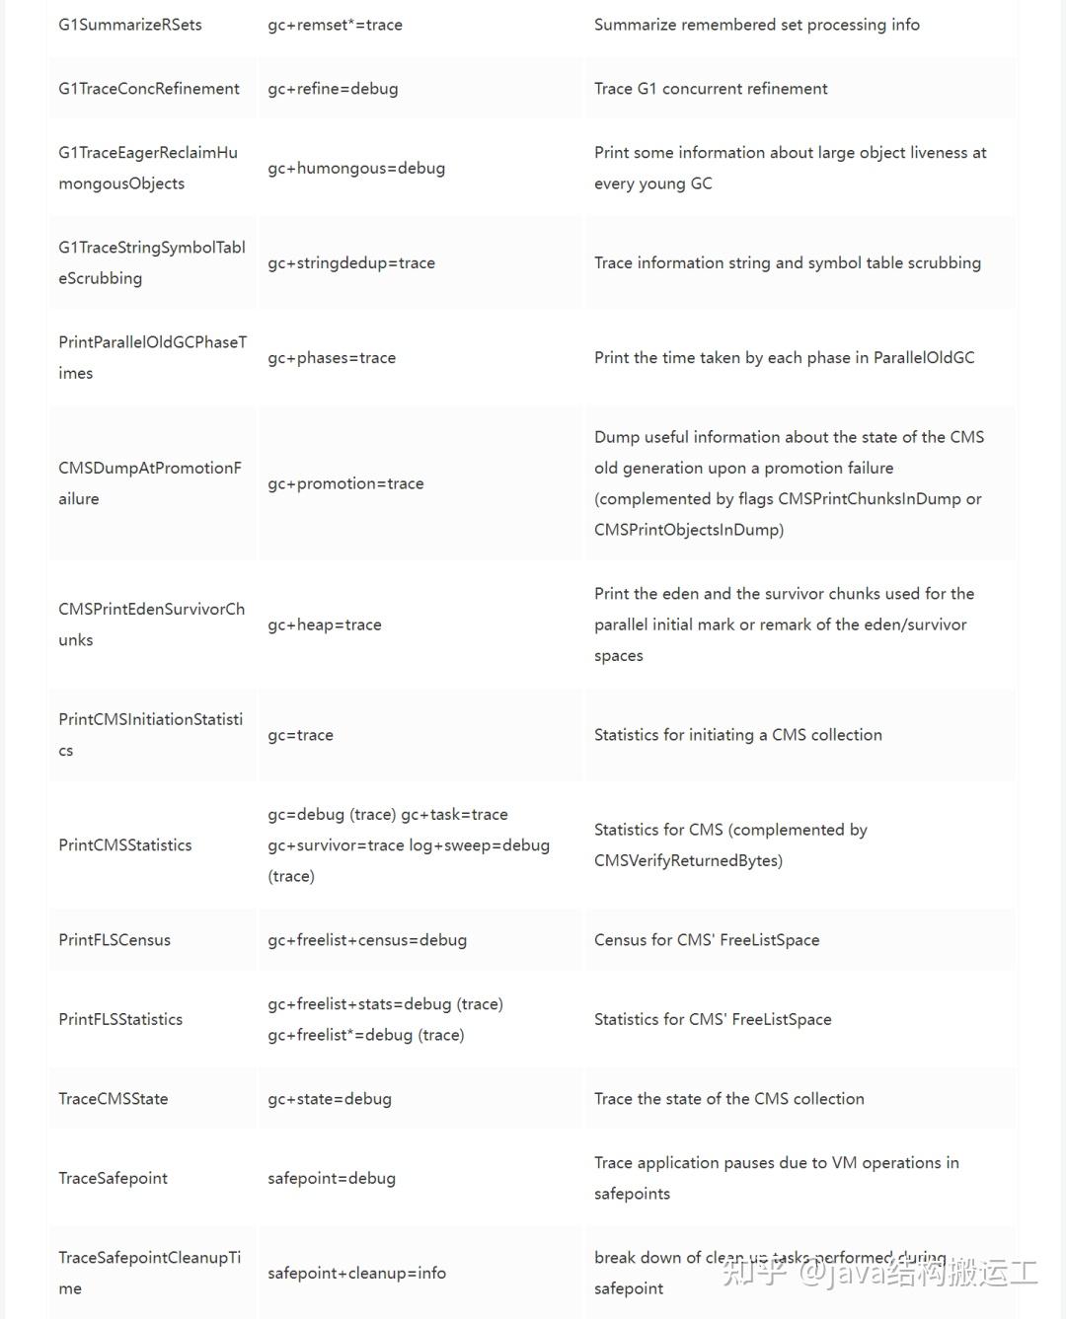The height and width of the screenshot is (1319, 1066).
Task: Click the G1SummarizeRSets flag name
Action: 130,25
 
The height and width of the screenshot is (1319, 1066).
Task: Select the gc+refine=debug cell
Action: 333,89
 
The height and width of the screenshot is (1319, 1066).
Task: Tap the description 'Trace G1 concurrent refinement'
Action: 711,89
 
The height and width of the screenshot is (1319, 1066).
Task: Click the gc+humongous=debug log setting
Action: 356,168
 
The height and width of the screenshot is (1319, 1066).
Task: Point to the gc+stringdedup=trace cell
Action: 351,262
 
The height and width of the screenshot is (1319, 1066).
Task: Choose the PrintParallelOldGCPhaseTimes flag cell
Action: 152,357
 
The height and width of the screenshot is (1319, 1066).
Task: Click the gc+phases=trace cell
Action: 332,357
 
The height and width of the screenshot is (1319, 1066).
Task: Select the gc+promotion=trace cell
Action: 345,483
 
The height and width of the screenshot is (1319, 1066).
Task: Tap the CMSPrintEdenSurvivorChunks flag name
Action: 151,624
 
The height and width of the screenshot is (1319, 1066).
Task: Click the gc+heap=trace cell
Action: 325,624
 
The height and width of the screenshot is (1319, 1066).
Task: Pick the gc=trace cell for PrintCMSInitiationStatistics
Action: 300,735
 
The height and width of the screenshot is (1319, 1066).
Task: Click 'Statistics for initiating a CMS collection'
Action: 738,735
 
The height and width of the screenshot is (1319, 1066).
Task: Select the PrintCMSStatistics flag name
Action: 125,845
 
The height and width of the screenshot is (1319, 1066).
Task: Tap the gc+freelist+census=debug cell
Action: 367,940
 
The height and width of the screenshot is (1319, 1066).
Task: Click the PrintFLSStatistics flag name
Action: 120,1019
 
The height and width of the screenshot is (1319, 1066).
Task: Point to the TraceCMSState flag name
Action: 114,1099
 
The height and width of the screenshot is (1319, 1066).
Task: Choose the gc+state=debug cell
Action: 330,1099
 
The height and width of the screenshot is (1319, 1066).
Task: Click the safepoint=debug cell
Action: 332,1178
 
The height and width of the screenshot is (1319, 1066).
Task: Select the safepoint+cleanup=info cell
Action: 356,1273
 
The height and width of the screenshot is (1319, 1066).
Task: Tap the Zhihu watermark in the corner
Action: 879,1273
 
